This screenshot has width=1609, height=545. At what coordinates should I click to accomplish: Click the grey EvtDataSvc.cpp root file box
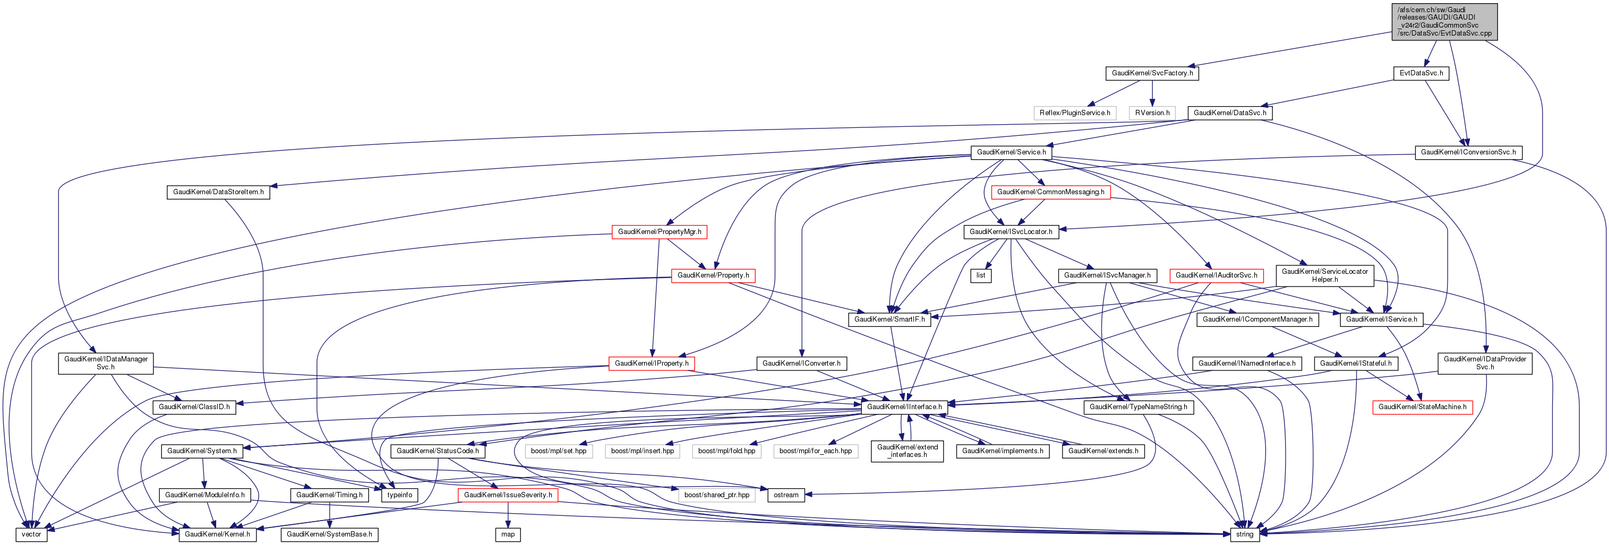(1444, 21)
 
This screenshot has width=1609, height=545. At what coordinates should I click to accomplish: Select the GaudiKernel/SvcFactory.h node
(1152, 73)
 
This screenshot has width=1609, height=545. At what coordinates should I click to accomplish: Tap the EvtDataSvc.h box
(1421, 73)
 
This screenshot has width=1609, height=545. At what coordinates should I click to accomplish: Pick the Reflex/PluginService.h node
(1074, 113)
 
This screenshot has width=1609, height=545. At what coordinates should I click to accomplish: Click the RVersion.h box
(1152, 113)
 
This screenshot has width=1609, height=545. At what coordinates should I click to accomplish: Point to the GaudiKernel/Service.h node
(1011, 152)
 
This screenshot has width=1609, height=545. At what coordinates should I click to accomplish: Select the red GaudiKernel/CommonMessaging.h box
(1050, 192)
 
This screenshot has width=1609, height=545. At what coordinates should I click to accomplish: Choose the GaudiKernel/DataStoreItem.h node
(218, 192)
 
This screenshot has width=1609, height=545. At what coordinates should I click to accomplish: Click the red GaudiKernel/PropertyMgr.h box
(659, 231)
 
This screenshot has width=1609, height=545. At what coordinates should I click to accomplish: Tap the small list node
(981, 275)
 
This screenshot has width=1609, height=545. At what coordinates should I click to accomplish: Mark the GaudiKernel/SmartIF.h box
(889, 319)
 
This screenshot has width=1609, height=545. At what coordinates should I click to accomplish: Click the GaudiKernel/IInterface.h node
(904, 407)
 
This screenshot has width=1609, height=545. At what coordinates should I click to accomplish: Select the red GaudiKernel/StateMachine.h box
(1422, 407)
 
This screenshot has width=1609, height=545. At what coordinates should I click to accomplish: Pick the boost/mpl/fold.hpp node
(726, 451)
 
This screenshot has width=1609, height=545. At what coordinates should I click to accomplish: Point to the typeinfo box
(400, 495)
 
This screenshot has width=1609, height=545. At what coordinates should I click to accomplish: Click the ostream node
(786, 495)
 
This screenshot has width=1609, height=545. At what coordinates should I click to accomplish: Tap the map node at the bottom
(508, 534)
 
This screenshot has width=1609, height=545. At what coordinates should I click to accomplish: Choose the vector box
(31, 534)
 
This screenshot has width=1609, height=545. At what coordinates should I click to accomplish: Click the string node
(1244, 534)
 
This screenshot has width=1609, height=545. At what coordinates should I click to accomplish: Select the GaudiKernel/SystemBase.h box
(329, 534)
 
